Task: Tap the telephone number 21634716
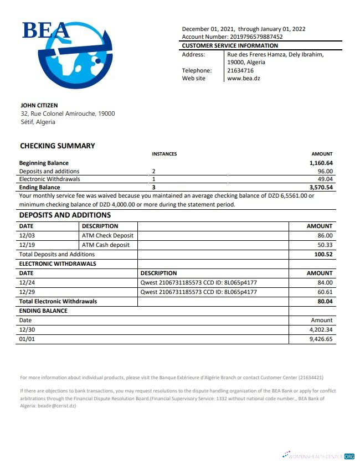[240, 70]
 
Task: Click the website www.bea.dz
[244, 79]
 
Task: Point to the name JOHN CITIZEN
[39, 105]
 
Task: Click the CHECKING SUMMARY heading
[58, 146]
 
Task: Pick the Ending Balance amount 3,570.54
[321, 188]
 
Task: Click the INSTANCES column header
[164, 154]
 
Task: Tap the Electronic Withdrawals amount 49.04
[325, 179]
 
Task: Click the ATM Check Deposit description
[107, 235]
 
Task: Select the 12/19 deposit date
[27, 245]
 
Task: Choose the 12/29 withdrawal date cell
[27, 292]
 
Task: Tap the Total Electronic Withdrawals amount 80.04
[325, 301]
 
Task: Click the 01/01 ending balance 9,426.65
[321, 339]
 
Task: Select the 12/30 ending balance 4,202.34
[321, 329]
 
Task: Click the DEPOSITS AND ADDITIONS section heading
[65, 215]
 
